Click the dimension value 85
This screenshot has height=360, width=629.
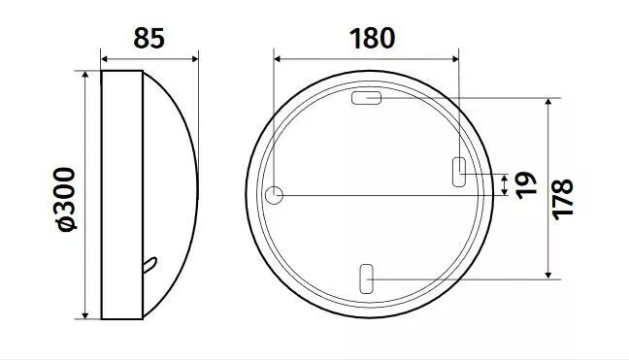[149, 38]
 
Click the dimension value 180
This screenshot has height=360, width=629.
[373, 38]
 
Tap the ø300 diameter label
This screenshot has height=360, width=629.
[65, 199]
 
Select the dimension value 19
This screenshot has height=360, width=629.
[526, 185]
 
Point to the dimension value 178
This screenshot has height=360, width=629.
[563, 199]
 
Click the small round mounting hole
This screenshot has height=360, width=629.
[274, 195]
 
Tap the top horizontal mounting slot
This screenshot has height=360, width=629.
[366, 98]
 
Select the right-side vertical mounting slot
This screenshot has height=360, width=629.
[459, 172]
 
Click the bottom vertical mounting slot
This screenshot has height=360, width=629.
[366, 278]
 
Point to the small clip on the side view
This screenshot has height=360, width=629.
[149, 265]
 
